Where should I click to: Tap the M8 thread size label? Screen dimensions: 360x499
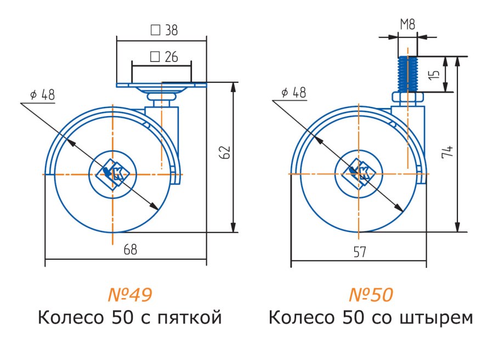pos(407,25)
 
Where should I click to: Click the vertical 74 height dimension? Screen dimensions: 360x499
pos(447,152)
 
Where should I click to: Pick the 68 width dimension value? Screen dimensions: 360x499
pos(130,250)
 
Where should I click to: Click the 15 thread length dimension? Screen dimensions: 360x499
pos(434,74)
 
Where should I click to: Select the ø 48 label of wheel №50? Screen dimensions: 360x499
pos(293,93)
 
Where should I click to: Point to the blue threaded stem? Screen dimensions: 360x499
pos(407,74)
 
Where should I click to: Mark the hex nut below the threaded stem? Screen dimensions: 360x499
pos(407,98)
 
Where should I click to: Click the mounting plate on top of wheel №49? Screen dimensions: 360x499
pos(161,85)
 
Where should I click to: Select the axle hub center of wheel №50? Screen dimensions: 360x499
pos(359,174)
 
